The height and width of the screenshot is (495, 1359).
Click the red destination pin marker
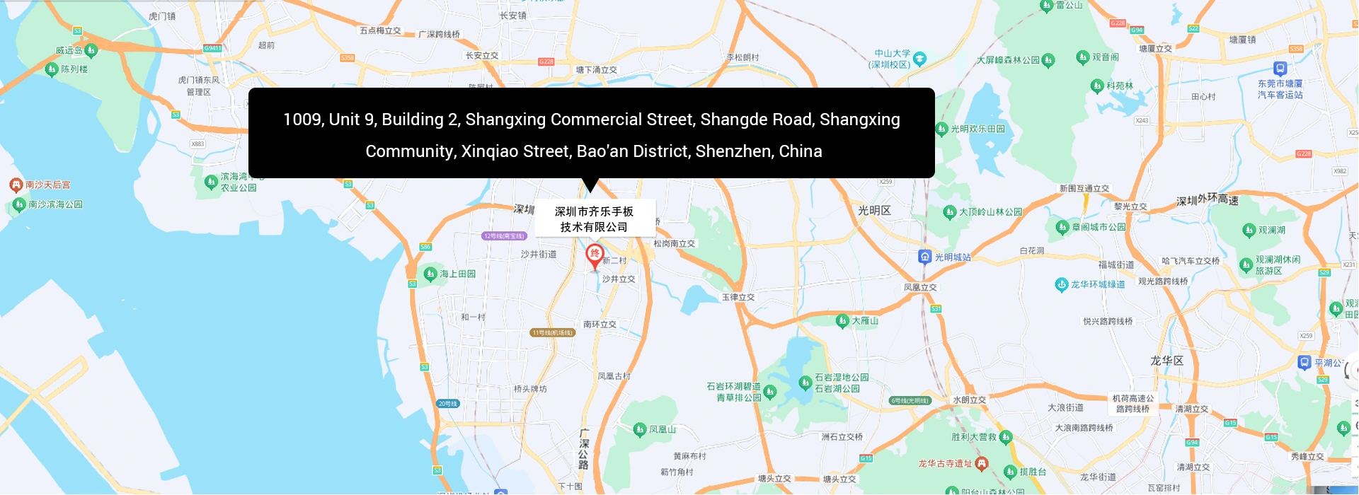tap(595, 255)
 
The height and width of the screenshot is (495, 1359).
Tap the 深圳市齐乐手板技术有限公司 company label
tap(595, 219)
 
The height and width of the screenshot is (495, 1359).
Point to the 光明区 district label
tap(874, 211)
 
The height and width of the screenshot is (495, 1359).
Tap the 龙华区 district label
tap(1166, 361)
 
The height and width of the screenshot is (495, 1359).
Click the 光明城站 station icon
tap(924, 257)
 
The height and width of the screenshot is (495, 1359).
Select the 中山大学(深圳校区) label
tap(892, 59)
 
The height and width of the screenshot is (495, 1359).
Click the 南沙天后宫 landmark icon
tap(16, 185)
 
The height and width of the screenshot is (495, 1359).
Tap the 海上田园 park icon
tap(430, 274)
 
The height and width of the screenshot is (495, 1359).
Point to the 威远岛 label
tap(69, 51)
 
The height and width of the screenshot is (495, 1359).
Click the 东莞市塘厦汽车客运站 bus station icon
tap(1280, 69)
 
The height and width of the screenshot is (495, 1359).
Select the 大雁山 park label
tap(864, 321)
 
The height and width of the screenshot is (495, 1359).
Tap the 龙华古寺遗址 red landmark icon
tap(981, 464)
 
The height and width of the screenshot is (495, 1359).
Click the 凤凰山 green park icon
tap(640, 429)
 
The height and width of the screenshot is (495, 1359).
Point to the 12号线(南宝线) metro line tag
tap(504, 236)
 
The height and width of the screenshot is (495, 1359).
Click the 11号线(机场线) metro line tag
tap(552, 332)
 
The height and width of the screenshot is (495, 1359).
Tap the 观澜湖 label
tap(1271, 231)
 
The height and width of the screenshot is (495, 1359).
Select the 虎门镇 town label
tap(162, 16)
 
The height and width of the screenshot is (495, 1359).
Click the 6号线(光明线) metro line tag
tap(910, 401)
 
